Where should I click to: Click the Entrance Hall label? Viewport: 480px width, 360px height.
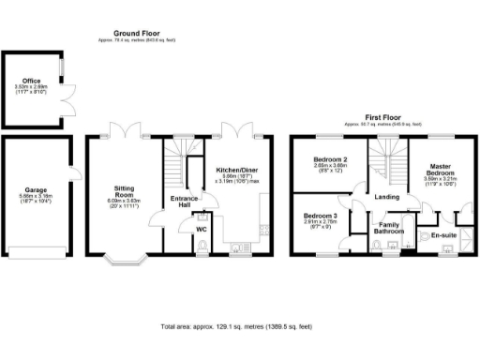pyautogui.click(x=180, y=202)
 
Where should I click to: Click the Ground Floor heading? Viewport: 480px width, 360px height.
pyautogui.click(x=135, y=32)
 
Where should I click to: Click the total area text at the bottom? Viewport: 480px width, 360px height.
pyautogui.click(x=238, y=326)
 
